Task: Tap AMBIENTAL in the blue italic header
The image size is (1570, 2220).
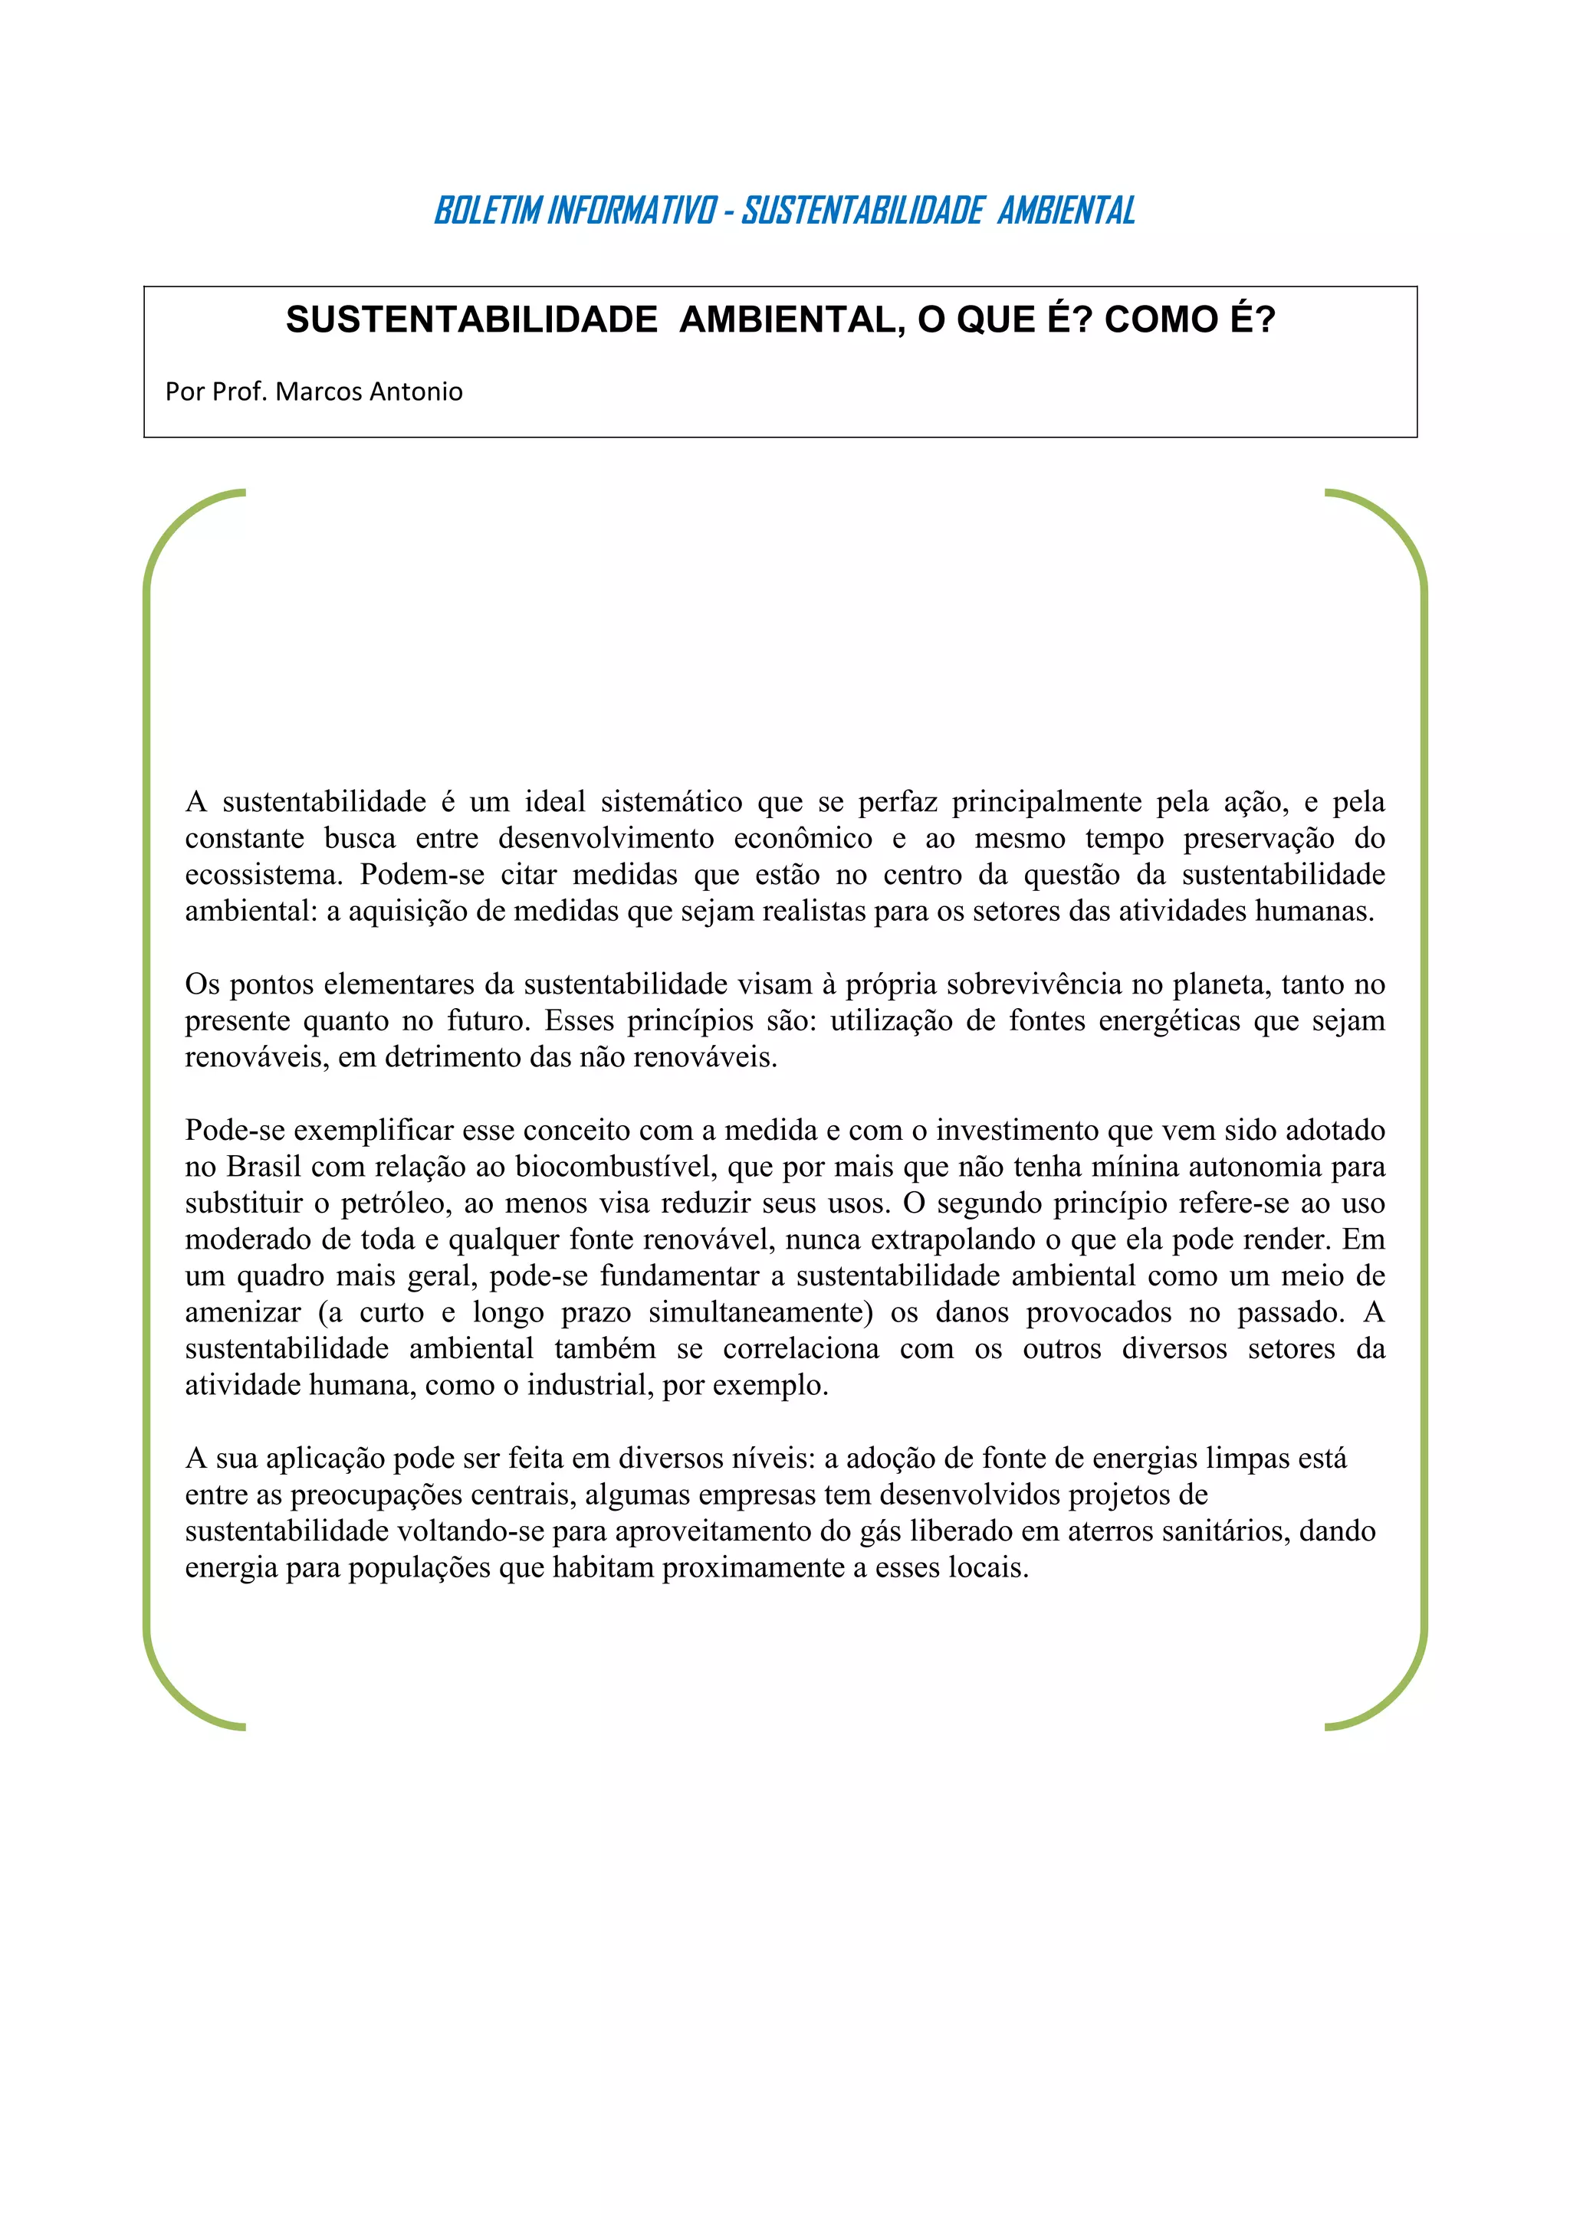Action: click(1066, 210)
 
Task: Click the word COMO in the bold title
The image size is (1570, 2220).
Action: click(1161, 320)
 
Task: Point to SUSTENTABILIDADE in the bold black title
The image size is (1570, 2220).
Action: click(471, 320)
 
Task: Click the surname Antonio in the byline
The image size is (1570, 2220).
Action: click(416, 391)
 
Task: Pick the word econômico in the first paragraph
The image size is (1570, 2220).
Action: click(802, 838)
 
